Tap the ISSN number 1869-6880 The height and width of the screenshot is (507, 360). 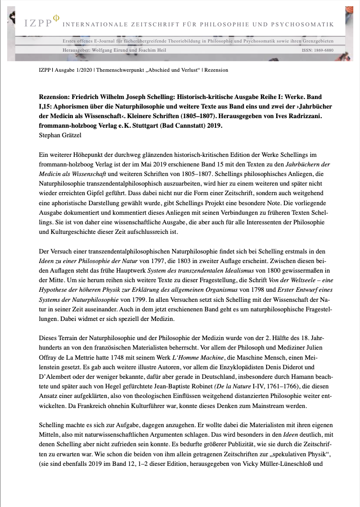[x=324, y=50]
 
